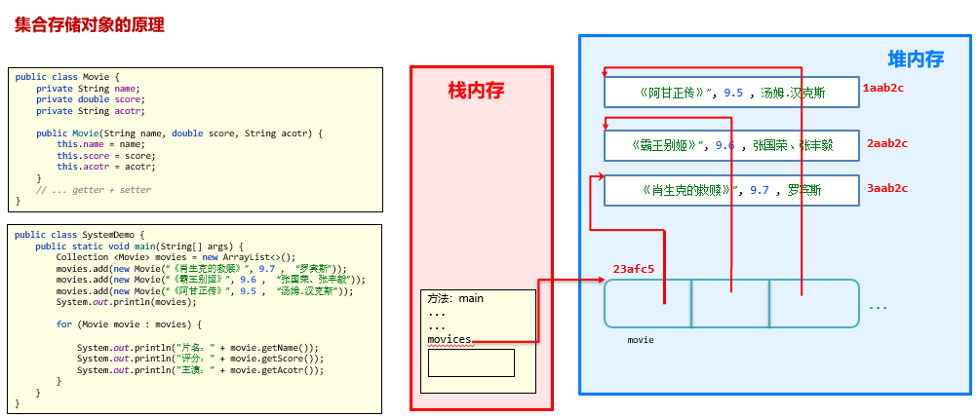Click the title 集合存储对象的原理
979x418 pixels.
(89, 25)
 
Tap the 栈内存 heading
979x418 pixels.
(476, 91)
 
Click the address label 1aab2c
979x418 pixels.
(883, 88)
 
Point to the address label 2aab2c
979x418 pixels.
(886, 143)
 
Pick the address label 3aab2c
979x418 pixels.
(886, 188)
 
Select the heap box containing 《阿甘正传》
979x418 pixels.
(731, 93)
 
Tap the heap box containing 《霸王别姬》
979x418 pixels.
(731, 145)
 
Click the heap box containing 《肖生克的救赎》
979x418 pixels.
(731, 190)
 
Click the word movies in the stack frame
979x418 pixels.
(450, 339)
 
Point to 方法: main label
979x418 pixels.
(455, 299)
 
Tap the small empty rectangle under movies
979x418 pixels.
(471, 362)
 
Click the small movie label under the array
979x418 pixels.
(641, 340)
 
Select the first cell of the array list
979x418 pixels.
(648, 303)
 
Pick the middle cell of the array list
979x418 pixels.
(730, 303)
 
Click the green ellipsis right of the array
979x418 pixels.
(878, 307)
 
